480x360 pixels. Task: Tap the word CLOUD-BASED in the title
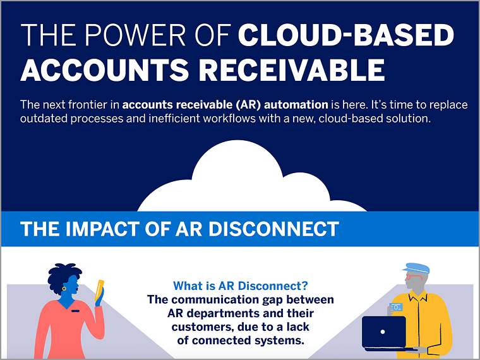point(346,35)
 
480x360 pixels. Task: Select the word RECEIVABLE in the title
point(292,70)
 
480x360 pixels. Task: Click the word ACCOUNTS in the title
point(104,70)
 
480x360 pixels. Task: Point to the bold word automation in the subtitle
point(296,105)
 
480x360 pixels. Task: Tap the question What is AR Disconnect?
point(240,286)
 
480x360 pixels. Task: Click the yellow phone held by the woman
point(100,290)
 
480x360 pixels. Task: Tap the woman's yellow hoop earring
point(64,289)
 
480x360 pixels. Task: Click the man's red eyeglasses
point(414,277)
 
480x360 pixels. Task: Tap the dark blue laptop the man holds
point(384,333)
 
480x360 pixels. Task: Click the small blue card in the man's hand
point(396,307)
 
